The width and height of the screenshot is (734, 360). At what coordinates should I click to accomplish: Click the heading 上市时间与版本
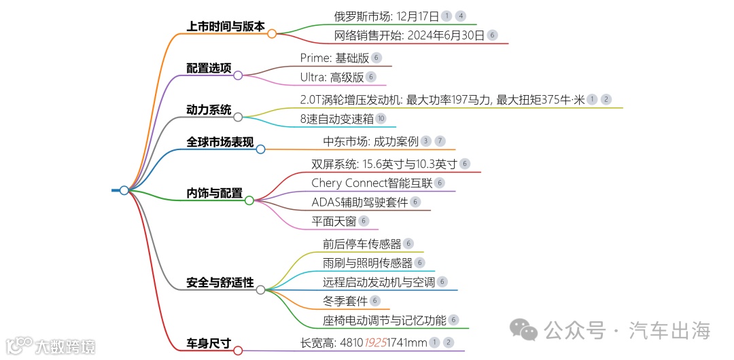coord(226,26)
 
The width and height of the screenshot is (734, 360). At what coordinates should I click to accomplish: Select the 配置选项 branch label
coord(209,69)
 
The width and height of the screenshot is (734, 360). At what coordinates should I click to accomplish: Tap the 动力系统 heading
coord(209,110)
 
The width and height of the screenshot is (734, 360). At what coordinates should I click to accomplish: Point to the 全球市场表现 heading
coord(220,143)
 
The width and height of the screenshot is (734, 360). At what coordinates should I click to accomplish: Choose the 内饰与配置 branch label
coord(214,194)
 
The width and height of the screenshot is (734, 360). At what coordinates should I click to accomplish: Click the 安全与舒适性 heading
coord(220,283)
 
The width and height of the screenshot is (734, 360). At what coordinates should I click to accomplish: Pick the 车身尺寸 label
coord(209,344)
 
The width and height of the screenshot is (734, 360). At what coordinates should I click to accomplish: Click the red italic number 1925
coord(377,344)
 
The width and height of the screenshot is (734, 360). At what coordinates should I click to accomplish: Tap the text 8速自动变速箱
coord(337,119)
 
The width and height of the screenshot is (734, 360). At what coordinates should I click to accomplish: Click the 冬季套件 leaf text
coord(345,301)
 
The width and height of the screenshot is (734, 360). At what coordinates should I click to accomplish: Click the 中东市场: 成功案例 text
coord(370,141)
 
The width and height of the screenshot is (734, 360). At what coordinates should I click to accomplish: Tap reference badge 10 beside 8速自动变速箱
coord(381,119)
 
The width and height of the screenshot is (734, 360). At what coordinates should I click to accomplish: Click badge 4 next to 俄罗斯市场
coord(461,16)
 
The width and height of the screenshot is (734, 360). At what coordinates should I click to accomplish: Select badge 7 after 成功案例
coord(440,141)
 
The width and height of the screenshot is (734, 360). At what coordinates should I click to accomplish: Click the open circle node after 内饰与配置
coord(249,200)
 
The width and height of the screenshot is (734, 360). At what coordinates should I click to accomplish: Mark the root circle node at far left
coord(124,191)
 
